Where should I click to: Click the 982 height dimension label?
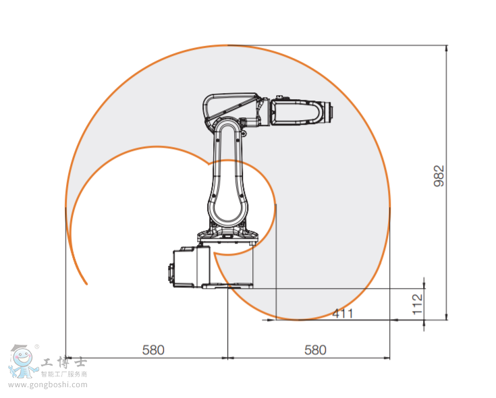point(439,177)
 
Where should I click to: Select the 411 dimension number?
point(343,314)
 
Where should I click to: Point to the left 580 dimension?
point(153,350)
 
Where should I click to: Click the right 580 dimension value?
point(315,350)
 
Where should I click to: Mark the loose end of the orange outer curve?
point(86,284)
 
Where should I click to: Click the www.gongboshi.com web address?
point(48,386)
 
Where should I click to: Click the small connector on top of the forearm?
point(280,98)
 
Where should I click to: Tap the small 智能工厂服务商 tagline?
point(65,374)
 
